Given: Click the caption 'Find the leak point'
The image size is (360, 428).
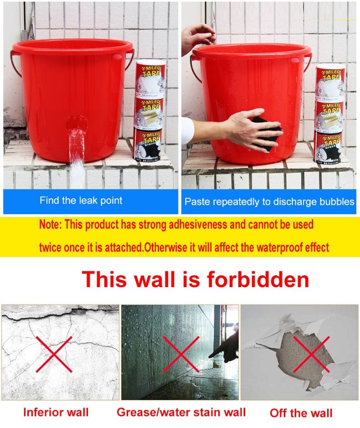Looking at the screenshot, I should coord(81,201).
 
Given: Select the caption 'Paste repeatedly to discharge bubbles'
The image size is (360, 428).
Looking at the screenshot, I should coord(269,201).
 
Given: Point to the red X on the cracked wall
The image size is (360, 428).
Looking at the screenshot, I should coord(54,354).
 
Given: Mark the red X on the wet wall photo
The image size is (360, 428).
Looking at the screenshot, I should coord(181,354).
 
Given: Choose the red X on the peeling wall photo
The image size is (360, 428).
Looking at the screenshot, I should coord(311,354).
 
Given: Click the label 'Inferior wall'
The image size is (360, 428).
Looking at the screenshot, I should coord(56,413).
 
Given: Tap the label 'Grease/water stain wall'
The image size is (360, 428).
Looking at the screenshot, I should coord(181,413).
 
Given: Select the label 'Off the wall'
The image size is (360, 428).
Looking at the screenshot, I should coord(301,413).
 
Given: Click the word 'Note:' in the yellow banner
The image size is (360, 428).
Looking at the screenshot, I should coord(51,225).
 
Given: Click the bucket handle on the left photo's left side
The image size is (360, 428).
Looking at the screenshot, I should coord(15,64).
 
